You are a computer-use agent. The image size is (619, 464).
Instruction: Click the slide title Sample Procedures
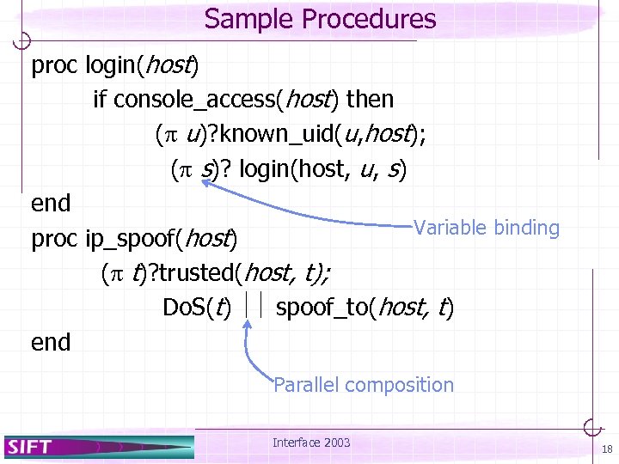(321, 19)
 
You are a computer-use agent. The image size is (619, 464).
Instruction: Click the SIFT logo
(30, 446)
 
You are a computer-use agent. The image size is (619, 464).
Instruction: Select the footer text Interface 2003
(311, 443)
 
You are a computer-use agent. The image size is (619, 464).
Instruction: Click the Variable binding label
(486, 228)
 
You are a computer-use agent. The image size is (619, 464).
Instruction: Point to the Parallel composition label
(363, 385)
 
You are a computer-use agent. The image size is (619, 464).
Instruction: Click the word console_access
(193, 100)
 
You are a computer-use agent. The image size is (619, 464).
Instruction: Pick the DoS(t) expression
(196, 307)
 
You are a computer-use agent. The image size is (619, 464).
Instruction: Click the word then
(370, 100)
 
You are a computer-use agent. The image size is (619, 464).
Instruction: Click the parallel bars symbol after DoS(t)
(253, 305)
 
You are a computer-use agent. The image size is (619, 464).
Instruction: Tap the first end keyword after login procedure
(51, 204)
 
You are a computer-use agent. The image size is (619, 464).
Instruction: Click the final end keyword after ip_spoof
(51, 342)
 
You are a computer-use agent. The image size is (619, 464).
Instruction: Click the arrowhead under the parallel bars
(248, 325)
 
